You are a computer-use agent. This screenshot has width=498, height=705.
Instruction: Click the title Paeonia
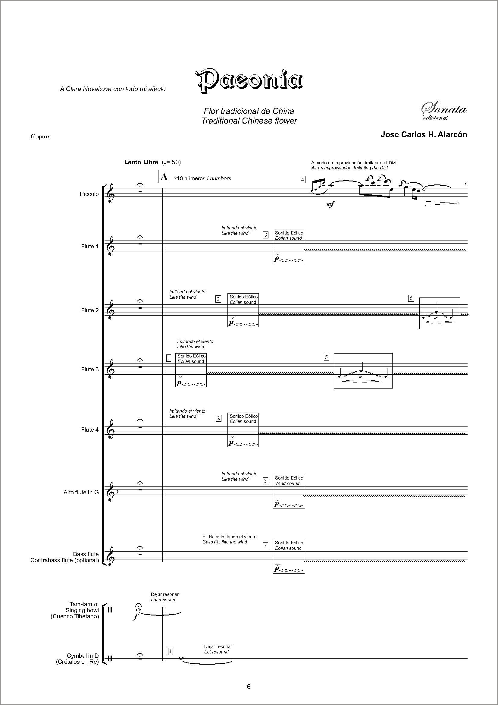[249, 80]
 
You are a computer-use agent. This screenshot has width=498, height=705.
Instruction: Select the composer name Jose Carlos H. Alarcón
[424, 134]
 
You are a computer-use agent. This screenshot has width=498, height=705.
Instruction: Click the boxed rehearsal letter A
[164, 177]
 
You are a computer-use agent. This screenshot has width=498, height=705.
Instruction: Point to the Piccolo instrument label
[89, 194]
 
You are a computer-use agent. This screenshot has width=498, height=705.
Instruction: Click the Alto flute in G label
[81, 493]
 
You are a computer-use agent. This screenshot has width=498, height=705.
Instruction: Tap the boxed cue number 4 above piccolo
[302, 180]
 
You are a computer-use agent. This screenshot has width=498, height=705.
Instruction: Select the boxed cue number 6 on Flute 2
[411, 298]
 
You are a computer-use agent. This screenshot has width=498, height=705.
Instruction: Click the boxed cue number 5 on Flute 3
[327, 357]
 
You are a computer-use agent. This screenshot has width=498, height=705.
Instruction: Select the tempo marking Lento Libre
[141, 162]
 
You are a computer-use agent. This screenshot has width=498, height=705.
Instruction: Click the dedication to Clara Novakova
[113, 89]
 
